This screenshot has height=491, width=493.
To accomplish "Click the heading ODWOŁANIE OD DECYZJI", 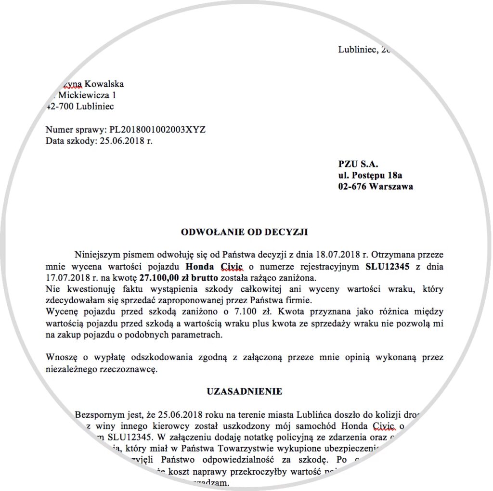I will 244,232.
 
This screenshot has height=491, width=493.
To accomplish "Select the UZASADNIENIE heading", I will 245,391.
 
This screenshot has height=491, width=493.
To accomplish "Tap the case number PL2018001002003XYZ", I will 157,130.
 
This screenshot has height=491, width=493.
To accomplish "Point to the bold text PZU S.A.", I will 355,164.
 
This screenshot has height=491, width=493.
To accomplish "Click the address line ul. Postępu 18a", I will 370,175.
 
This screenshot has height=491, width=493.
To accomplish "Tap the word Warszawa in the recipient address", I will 391,187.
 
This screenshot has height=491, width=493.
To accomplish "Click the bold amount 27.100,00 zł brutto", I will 179,278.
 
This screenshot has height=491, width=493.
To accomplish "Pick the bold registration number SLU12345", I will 389,266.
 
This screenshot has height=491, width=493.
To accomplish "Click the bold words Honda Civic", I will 214,266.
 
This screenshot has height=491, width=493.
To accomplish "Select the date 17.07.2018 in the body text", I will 65,278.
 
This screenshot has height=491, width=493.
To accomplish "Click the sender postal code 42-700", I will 59,107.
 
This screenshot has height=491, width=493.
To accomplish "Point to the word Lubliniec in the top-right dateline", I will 357,50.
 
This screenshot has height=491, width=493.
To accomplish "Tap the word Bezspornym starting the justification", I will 98,414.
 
